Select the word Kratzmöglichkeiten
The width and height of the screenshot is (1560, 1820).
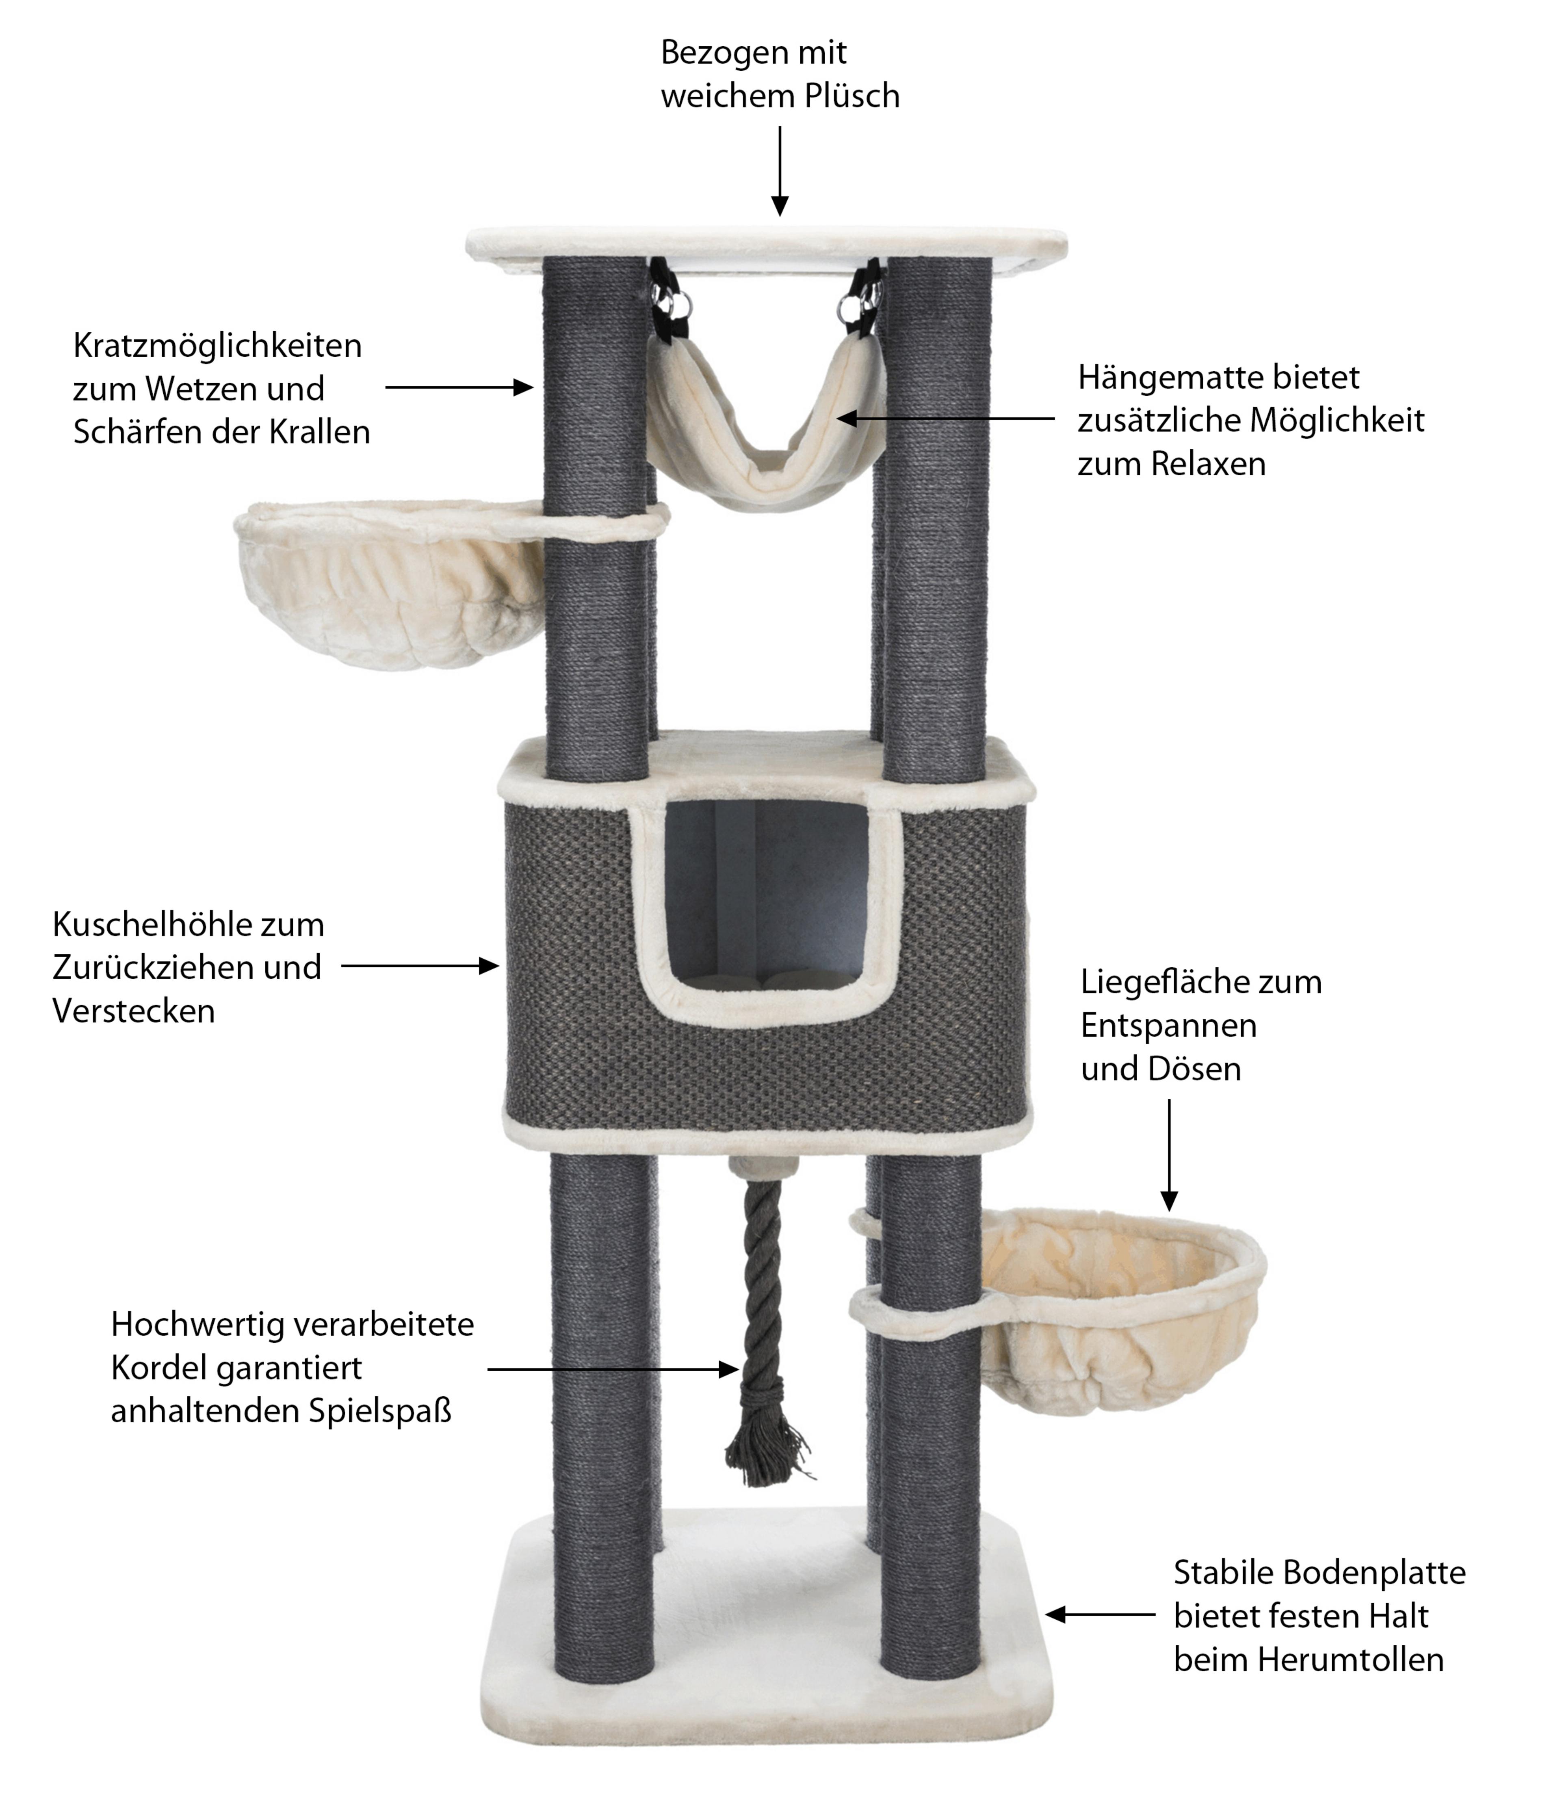pos(217,345)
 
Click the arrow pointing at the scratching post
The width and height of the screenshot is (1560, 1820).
pos(459,388)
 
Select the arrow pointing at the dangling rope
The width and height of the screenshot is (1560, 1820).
pos(612,1369)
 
